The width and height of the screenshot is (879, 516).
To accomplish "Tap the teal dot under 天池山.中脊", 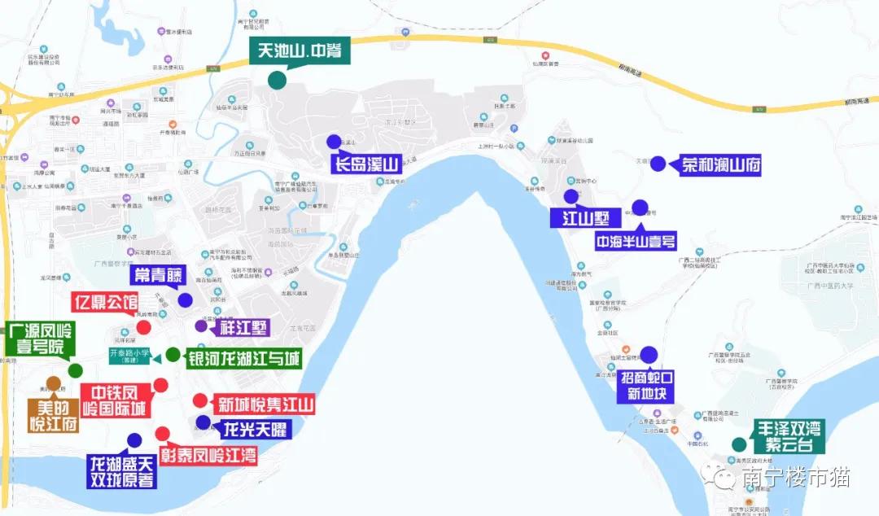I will [277, 80].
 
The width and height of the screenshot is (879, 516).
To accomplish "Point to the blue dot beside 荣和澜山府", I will [658, 163].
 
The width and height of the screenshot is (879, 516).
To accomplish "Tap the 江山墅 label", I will [585, 218].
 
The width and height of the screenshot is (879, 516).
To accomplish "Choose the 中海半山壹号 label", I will [636, 241].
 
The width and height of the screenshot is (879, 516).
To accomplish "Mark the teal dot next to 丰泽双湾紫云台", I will [738, 444].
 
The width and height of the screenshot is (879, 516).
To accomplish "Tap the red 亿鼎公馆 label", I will [105, 301].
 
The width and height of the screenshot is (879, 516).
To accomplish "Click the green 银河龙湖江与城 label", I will [244, 359].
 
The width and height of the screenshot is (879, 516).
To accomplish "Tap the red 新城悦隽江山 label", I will [262, 404].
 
